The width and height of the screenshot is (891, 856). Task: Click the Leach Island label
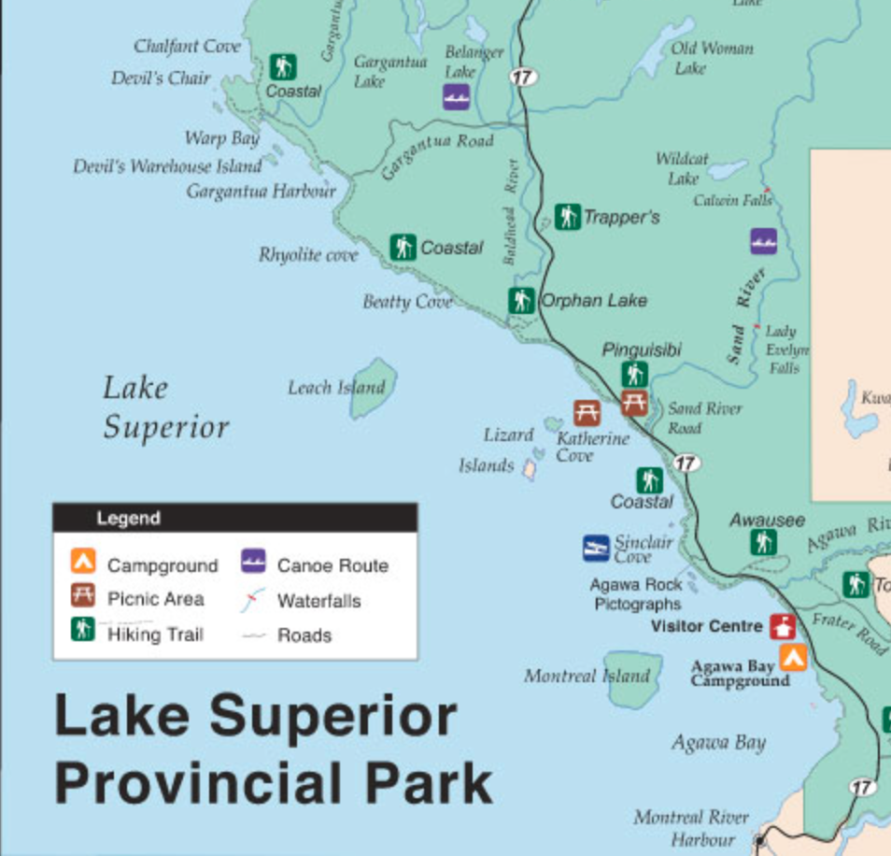(x=335, y=387)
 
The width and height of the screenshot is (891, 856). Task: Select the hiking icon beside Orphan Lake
(x=521, y=301)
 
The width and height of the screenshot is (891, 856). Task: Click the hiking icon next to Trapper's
(x=567, y=217)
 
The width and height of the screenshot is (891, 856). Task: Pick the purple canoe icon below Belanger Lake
(x=456, y=96)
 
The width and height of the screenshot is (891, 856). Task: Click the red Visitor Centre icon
(x=783, y=626)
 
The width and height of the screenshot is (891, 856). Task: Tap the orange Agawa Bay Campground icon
(x=793, y=658)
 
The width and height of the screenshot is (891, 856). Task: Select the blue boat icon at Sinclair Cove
(x=596, y=548)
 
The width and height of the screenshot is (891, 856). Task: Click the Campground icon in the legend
(x=83, y=563)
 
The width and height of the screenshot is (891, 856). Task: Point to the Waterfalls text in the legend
(x=318, y=601)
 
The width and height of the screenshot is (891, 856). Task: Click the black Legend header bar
(x=234, y=518)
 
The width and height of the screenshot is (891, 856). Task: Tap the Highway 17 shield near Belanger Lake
(x=524, y=77)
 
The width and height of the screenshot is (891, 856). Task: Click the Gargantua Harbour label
(x=261, y=192)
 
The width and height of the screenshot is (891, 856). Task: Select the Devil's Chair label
(x=161, y=78)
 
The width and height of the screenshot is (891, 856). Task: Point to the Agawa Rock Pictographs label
(x=638, y=594)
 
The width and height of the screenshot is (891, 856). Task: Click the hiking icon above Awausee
(x=764, y=541)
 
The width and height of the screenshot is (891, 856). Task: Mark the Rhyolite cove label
(x=308, y=254)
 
